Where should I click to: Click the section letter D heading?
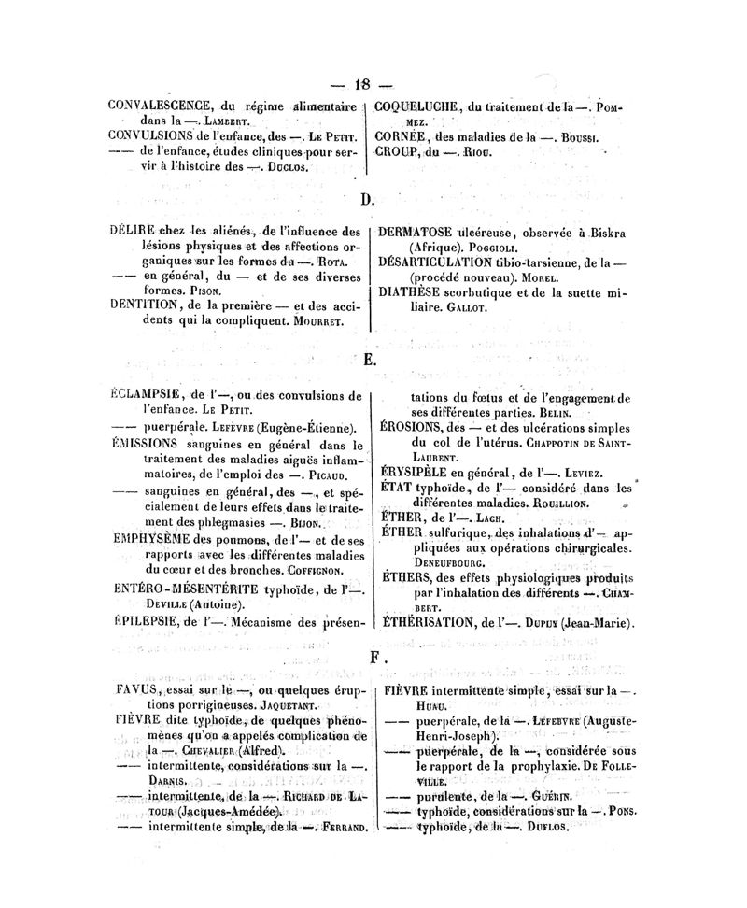[x=366, y=199]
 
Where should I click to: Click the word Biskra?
[x=603, y=233]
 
